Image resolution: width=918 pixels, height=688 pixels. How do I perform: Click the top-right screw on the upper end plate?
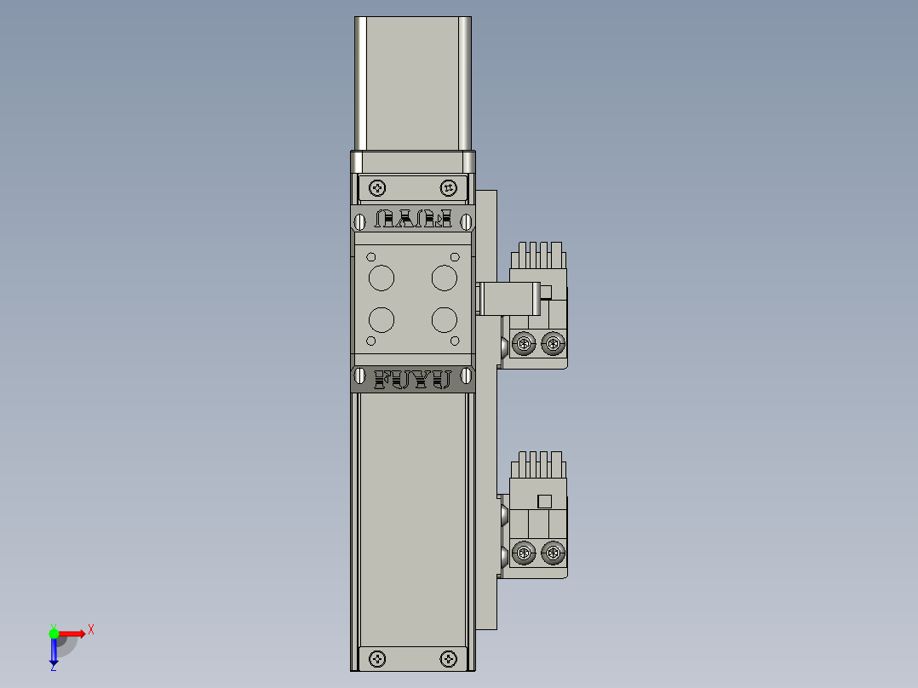point(449,187)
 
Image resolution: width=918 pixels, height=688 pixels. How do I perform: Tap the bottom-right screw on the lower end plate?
point(449,658)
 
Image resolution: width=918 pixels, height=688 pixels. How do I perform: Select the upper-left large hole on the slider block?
point(382,278)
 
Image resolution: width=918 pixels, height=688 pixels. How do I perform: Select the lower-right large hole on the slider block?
point(445,320)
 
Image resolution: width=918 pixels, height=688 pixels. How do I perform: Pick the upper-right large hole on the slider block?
point(445,278)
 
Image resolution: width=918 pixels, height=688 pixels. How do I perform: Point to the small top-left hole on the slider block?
point(371,256)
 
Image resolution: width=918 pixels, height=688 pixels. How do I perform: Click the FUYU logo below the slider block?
point(413,379)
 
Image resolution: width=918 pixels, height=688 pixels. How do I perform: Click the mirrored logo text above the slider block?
point(413,220)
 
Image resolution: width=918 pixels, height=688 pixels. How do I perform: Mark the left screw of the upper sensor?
point(525,345)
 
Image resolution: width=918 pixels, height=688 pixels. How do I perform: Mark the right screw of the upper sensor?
point(554,345)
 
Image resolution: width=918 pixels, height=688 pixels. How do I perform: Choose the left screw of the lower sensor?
point(525,554)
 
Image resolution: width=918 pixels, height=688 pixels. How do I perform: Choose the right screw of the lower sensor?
point(554,554)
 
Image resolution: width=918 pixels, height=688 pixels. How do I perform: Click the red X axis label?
point(90,630)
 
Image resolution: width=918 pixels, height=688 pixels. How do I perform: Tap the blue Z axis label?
point(53,668)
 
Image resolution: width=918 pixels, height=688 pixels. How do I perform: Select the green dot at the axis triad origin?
point(54,633)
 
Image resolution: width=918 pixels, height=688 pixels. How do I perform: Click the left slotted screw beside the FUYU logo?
point(360,376)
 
